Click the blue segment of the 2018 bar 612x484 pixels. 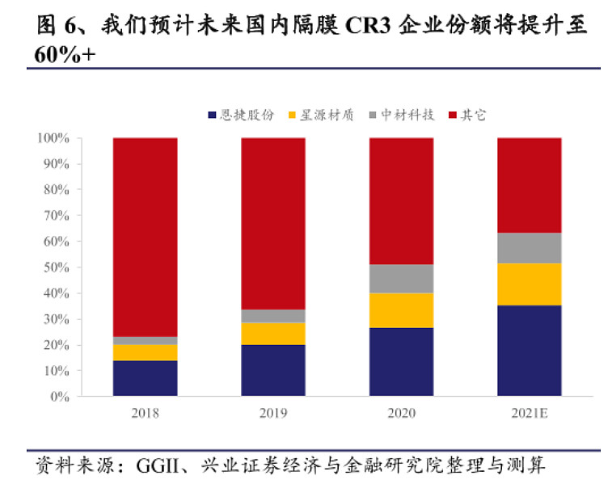pyautogui.click(x=145, y=377)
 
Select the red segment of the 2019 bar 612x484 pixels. pyautogui.click(x=273, y=223)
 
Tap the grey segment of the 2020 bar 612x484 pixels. pyautogui.click(x=401, y=278)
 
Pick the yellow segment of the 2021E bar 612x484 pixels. pyautogui.click(x=529, y=284)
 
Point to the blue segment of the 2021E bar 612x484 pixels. pyautogui.click(x=529, y=350)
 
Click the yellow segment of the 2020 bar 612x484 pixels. pyautogui.click(x=401, y=309)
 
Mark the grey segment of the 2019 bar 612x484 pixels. pyautogui.click(x=273, y=315)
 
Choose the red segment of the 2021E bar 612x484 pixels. pyautogui.click(x=529, y=185)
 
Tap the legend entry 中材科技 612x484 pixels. pyautogui.click(x=407, y=116)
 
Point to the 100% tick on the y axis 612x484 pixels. pyautogui.click(x=53, y=138)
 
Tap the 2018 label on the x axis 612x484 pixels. pyautogui.click(x=145, y=414)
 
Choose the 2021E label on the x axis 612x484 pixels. pyautogui.click(x=529, y=414)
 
